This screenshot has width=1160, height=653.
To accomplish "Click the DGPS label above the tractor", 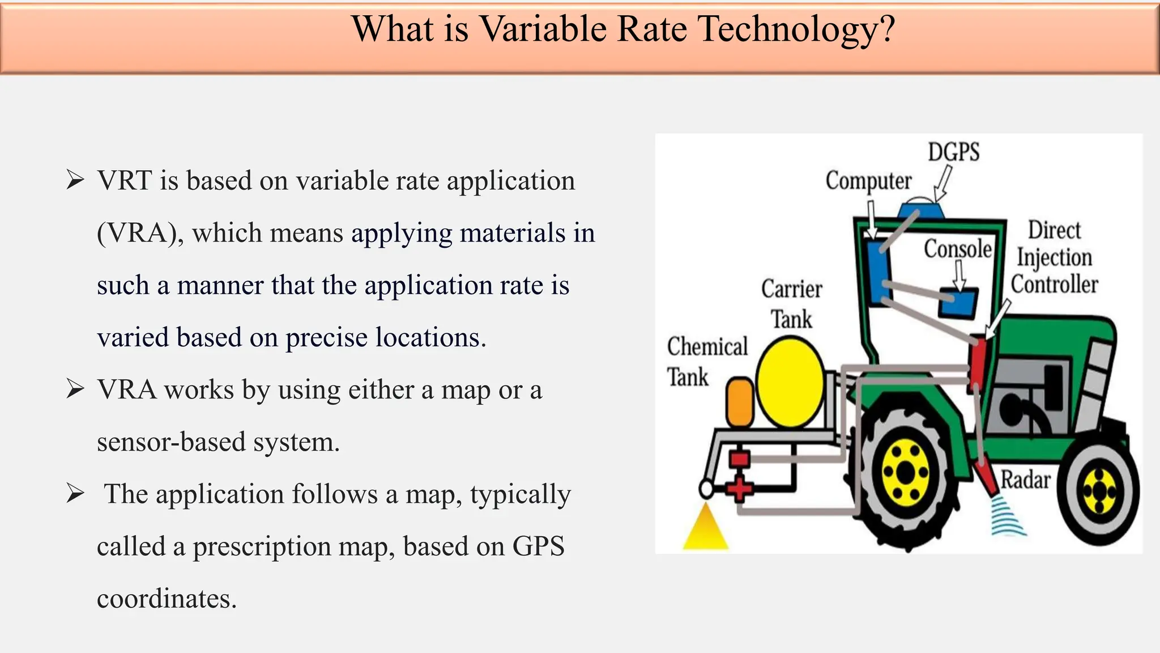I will coord(953,152).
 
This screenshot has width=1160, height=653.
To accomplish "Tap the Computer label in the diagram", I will coord(868,181).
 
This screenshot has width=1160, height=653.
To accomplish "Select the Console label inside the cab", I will coord(958,249).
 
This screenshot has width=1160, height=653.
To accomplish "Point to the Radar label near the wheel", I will coord(1025,480).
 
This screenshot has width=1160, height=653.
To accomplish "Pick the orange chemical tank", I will coord(740,402).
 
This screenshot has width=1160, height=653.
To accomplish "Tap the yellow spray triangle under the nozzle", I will coord(705,528).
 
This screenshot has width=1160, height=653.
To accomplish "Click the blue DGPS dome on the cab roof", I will coord(921,210).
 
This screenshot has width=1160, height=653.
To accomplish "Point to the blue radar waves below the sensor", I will coord(1008,516).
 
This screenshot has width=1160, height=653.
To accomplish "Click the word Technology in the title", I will coord(796,29).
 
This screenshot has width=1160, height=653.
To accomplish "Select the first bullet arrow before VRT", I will coord(75,180).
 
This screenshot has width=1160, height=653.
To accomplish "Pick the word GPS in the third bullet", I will coord(538,546).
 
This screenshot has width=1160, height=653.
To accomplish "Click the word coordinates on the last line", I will coord(166,599).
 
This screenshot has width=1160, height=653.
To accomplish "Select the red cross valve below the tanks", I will coord(739,488).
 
